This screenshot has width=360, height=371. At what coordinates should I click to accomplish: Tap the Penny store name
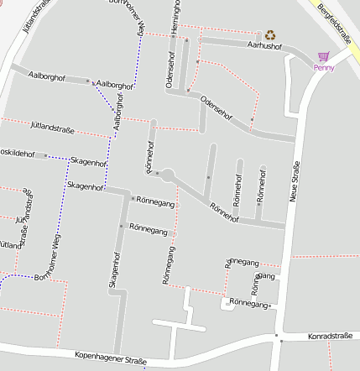click(x=324, y=68)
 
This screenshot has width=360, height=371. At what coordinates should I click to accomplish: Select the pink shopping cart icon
click(x=323, y=56)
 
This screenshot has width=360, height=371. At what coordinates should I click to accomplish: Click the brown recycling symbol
click(x=270, y=34)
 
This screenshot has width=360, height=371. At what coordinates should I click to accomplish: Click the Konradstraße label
click(x=330, y=336)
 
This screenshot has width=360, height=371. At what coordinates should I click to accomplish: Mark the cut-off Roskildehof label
click(x=18, y=154)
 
